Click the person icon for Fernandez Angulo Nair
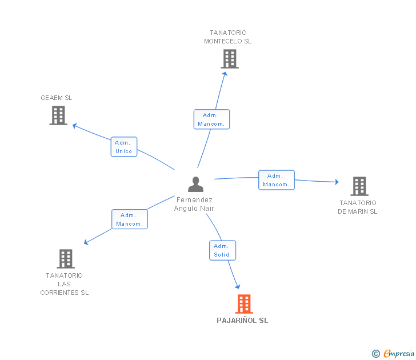[x=195, y=184]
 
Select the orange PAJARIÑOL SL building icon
[x=244, y=304]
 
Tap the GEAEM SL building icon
[x=58, y=115]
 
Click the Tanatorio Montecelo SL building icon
[x=230, y=59]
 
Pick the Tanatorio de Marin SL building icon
[x=359, y=186]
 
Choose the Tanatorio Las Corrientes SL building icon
[x=66, y=259]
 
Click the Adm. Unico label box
[x=124, y=147]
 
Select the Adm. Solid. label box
[x=223, y=250]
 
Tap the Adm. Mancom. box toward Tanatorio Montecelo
[x=211, y=119]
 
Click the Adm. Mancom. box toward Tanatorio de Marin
[x=277, y=180]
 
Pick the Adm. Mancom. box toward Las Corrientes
[x=130, y=219]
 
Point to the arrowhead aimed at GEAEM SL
[x=74, y=126]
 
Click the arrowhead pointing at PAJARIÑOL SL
[x=238, y=286]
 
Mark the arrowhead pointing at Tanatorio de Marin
[x=337, y=182]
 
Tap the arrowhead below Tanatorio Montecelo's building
[x=225, y=74]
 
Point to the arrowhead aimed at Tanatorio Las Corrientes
[x=86, y=242]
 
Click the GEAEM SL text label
[x=56, y=98]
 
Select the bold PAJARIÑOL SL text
[x=242, y=321]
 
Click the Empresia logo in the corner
[x=393, y=353]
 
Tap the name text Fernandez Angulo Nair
[x=194, y=204]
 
